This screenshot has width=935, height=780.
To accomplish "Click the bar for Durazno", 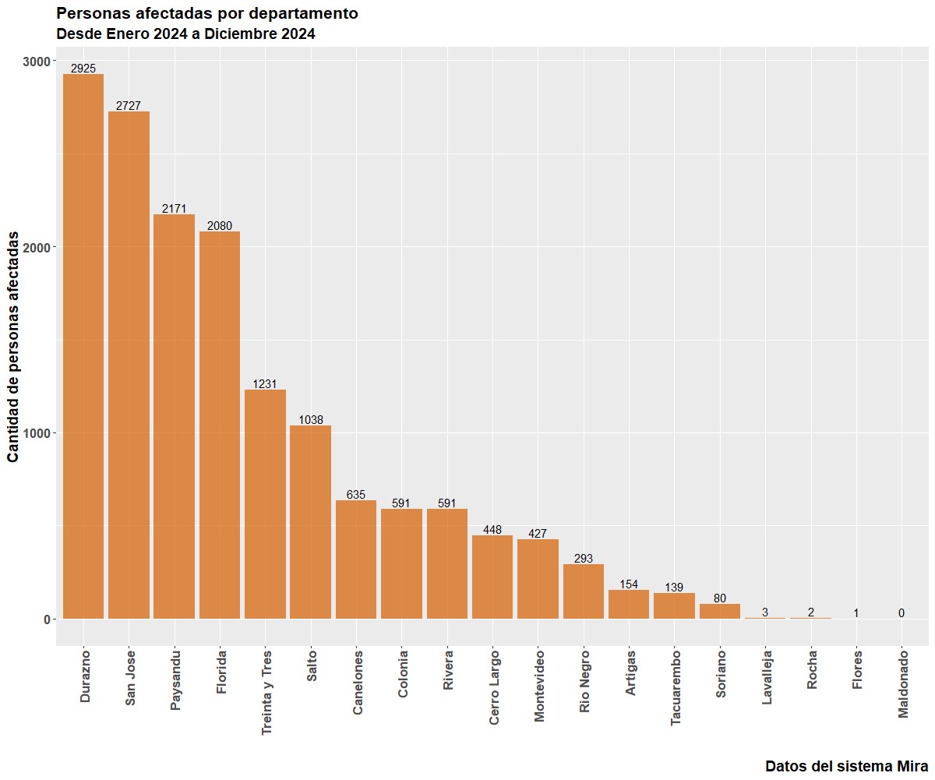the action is pos(83,346).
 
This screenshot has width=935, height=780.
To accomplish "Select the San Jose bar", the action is pos(129,365).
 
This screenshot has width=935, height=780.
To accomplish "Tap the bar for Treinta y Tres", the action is pos(265,504).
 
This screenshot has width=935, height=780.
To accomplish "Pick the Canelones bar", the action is pos(356,559).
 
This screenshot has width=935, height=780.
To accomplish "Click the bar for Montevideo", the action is pos(538,579).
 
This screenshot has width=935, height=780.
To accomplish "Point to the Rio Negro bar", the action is pos(583,591).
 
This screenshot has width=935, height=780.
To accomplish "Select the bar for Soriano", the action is pos(720,611).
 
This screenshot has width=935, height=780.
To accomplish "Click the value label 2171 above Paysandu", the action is pos(175,208).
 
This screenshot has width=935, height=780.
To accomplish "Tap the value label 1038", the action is pos(311,419).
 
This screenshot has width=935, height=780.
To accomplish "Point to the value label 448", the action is pos(492,529).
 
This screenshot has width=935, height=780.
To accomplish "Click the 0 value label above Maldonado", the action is pos(901,613).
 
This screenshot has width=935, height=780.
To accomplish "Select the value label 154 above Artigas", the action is pos(629,584).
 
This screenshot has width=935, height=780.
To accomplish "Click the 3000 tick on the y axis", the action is pos(37,62).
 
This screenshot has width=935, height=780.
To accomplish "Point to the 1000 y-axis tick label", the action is pos(37,433).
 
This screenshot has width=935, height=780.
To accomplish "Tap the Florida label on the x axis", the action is pos(221,672).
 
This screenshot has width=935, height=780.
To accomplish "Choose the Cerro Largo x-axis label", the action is pos(493,687).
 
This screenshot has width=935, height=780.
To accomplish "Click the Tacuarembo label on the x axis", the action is pos(676,688).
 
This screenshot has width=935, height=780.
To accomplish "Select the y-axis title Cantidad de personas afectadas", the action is pos(13,347).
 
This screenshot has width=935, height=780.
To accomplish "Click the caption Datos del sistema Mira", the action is pos(847,766).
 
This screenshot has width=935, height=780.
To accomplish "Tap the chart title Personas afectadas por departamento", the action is pos(207,13).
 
